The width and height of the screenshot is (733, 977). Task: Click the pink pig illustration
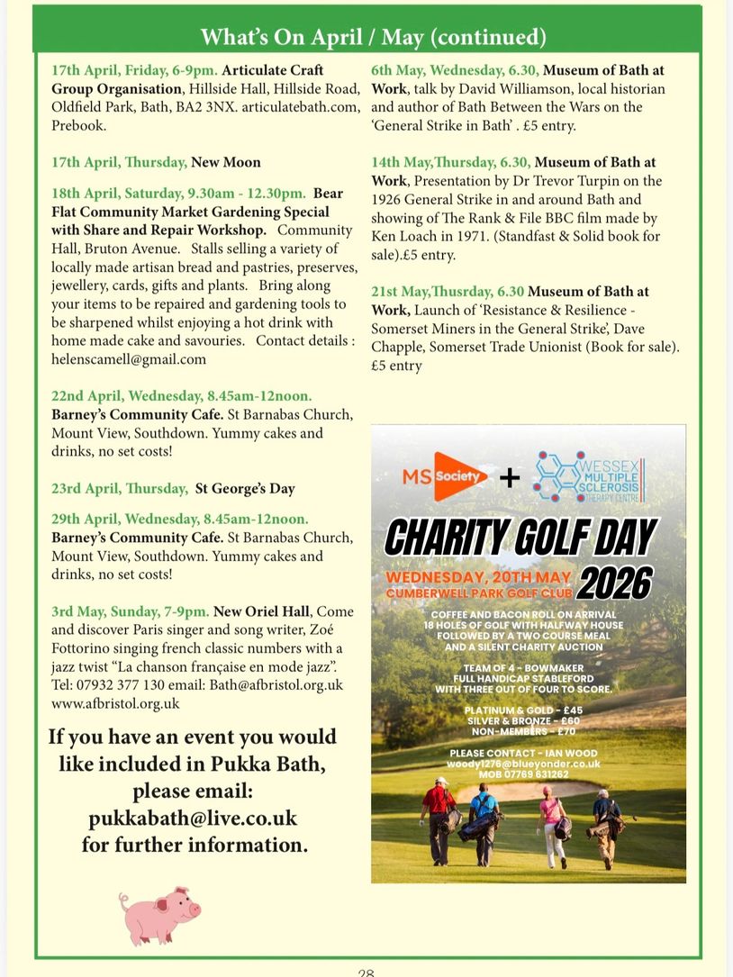(x=159, y=916)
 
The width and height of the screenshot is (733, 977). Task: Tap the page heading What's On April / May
(x=373, y=37)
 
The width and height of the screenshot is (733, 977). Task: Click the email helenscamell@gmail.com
(x=129, y=358)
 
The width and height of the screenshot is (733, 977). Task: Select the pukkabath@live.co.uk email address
(x=193, y=819)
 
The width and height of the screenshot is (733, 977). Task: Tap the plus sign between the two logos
(x=510, y=477)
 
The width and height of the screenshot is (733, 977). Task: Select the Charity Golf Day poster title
(x=520, y=538)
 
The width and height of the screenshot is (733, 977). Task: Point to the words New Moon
(x=225, y=162)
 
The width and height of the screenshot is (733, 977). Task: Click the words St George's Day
(x=245, y=488)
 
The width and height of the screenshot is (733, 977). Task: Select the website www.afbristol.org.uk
(x=115, y=703)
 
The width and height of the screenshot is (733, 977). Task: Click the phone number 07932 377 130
(x=122, y=685)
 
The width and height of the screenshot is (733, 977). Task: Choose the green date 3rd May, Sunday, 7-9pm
(x=131, y=611)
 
